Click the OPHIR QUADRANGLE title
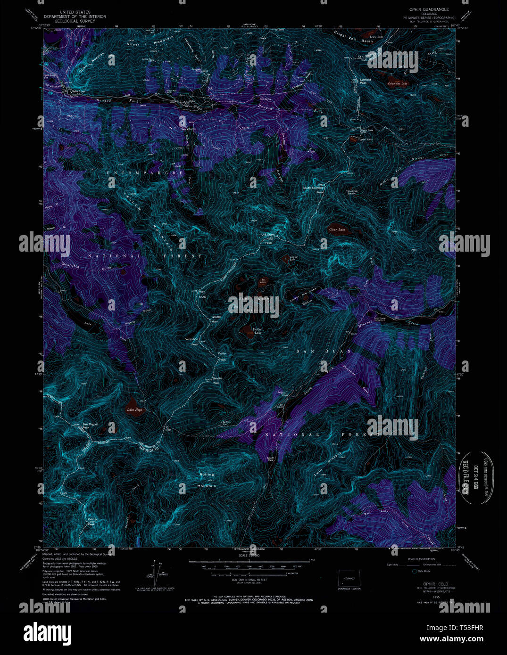point(423,9)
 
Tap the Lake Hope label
point(134,410)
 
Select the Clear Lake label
point(337,230)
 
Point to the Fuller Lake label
point(257,331)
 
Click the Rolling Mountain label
point(206,480)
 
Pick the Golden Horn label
point(216,319)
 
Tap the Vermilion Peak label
point(191,342)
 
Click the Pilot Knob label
point(202,294)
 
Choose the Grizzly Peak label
point(92,522)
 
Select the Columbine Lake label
point(397,84)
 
